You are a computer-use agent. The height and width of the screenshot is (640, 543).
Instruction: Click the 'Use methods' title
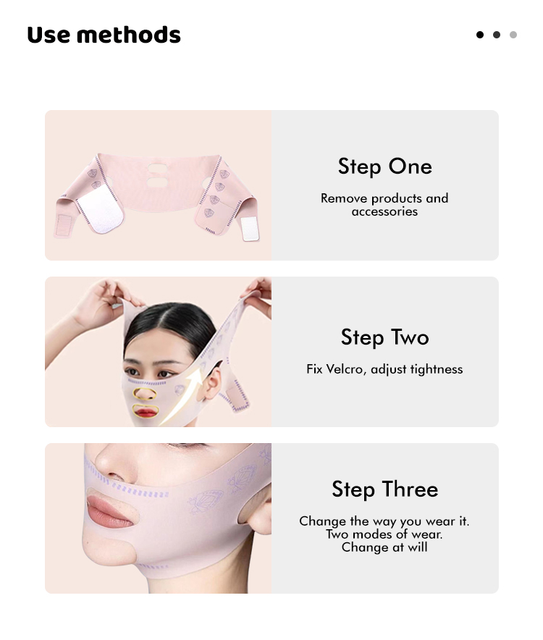click(x=104, y=35)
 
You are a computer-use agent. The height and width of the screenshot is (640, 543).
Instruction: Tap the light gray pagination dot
click(x=513, y=35)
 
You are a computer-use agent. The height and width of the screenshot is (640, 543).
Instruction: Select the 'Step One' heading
click(x=384, y=167)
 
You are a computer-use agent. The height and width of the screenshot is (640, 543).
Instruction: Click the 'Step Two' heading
click(x=384, y=337)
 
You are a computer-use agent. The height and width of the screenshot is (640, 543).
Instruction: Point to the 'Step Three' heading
click(x=384, y=489)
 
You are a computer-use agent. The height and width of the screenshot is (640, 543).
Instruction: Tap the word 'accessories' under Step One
click(x=384, y=211)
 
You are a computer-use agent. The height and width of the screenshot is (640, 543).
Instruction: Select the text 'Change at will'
click(x=384, y=547)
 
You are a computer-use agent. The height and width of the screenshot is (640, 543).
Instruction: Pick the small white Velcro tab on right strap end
click(x=249, y=228)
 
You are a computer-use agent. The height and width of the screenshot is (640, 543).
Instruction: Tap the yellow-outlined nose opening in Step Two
click(x=145, y=394)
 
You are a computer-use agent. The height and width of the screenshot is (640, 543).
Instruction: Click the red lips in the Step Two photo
click(x=146, y=412)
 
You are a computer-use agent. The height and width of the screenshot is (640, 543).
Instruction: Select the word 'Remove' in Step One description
click(x=344, y=198)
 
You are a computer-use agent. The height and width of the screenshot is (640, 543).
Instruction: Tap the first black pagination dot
click(x=480, y=35)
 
